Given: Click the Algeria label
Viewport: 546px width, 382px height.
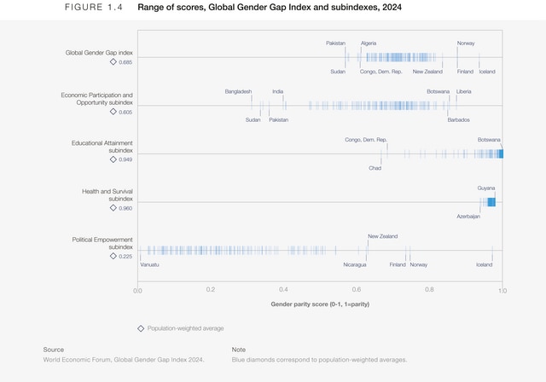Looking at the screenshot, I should pos(369,43).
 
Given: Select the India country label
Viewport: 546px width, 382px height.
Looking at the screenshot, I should pos(278,91).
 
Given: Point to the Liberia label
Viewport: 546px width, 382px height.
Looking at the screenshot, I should pos(463,91).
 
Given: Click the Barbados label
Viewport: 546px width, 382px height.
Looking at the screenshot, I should pos(458,119).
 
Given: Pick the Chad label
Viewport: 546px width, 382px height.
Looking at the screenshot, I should pos(375,168).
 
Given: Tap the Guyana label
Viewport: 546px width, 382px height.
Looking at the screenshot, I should pos(486,188).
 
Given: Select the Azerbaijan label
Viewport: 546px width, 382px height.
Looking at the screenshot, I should pos(468,217).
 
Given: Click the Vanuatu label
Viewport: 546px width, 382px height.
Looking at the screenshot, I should pos(150,264).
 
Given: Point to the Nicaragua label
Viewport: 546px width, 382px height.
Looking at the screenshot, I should pos(356,264).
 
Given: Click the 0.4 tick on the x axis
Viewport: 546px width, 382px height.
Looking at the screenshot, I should pos(283,290).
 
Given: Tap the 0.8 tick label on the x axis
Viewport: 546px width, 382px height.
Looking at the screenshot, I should pos(430,290).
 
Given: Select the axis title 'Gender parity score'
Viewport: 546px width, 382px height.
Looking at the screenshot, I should pos(320,304).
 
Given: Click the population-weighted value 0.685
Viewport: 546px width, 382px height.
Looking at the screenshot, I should pos(125,62).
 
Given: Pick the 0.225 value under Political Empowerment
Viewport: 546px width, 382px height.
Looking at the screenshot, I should pos(125,255).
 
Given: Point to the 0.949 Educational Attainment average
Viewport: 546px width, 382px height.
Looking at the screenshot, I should pos(125,159).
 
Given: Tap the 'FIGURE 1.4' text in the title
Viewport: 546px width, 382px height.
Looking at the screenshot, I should pos(93,8).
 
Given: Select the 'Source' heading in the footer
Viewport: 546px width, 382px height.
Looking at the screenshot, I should pos(54,350).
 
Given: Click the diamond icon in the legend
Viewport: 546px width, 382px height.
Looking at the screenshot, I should pos(141,327).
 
